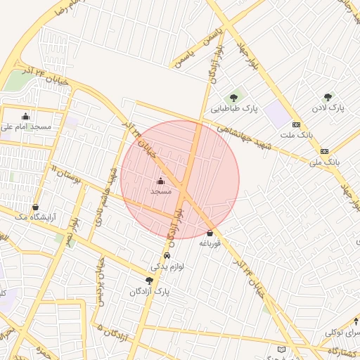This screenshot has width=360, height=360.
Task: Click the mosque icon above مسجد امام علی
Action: pos(26,117)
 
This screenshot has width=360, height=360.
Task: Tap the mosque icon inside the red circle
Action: pos(161,181)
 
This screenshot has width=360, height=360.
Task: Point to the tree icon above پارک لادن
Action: pos(328,97)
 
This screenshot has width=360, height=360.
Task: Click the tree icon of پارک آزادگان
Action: pos(149,280)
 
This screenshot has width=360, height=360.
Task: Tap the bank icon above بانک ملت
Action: pos(297,124)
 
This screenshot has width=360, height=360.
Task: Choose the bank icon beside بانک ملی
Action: pos(324,151)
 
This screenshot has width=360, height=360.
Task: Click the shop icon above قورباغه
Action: pos(210,233)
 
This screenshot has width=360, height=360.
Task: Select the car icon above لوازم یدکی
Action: pos(167,256)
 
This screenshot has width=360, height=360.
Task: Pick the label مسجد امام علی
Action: pos(27,127)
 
